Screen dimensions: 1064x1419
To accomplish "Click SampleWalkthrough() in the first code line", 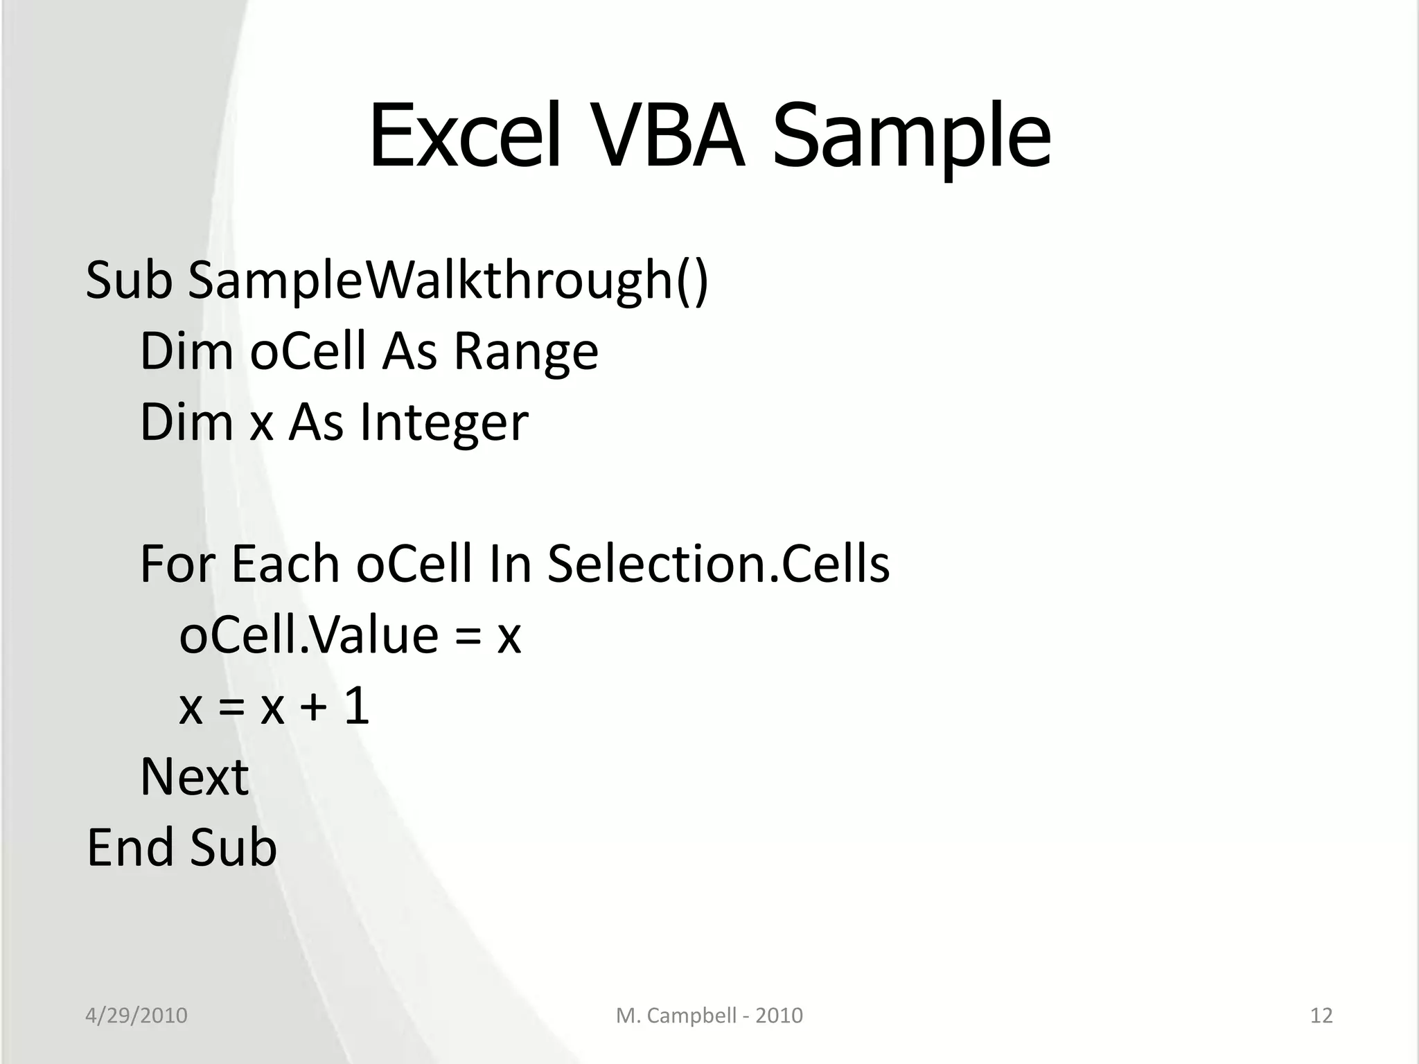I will tap(448, 281).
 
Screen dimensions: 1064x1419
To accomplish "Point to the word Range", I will tap(525, 352).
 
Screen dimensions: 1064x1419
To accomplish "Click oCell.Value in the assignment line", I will tap(309, 636).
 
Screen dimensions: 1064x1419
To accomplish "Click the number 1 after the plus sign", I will tap(357, 707).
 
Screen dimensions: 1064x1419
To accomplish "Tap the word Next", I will tap(194, 777).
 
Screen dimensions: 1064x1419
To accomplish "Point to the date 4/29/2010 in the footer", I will tap(136, 1016).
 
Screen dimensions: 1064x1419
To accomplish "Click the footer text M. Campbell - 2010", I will tap(709, 1016).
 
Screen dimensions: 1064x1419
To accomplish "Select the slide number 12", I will tap(1321, 1016).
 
